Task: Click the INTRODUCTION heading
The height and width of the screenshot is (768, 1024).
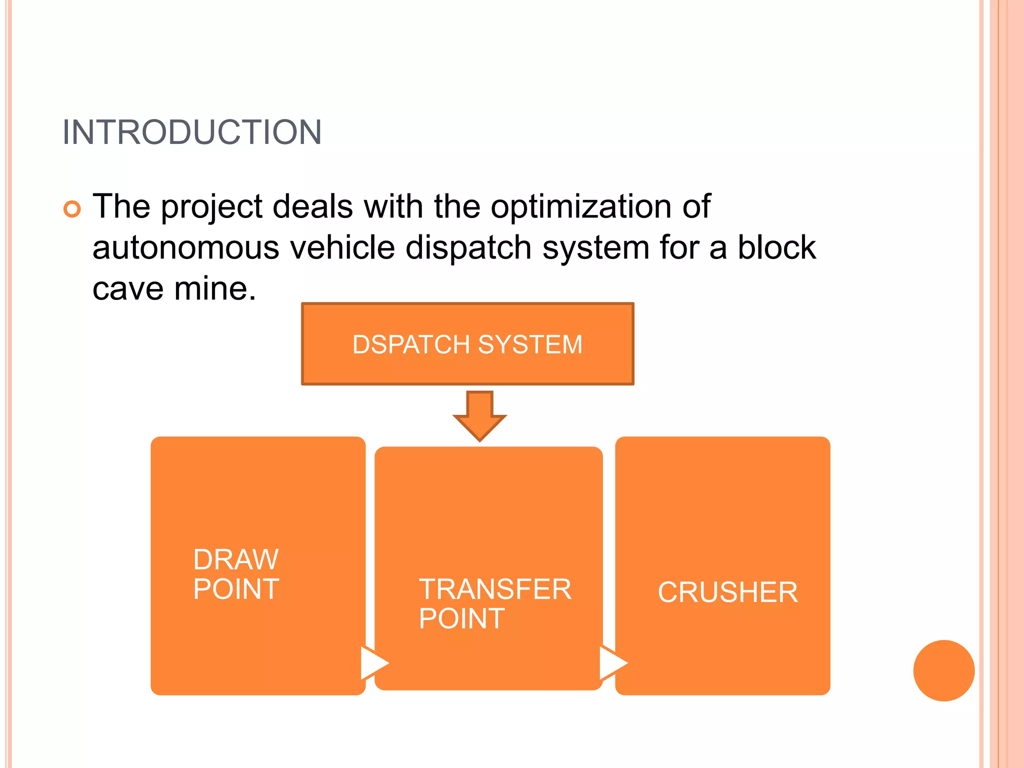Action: [192, 132]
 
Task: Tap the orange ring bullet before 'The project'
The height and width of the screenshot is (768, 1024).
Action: [72, 208]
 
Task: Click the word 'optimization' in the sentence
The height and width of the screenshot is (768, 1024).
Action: [580, 206]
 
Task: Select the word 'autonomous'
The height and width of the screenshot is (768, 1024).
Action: [185, 248]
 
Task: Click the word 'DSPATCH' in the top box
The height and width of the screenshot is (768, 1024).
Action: [411, 344]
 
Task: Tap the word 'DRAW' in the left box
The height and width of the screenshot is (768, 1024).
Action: [236, 559]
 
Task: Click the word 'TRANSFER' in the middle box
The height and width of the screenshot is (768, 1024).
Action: [495, 589]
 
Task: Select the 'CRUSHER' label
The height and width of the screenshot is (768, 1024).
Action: [727, 592]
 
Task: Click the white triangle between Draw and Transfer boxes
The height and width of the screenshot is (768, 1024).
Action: [373, 663]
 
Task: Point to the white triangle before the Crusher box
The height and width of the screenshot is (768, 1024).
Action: [612, 663]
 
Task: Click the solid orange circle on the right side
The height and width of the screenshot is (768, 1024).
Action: [943, 670]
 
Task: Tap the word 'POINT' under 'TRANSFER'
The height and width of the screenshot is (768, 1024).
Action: [461, 619]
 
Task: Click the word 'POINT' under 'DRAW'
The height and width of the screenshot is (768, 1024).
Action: [236, 589]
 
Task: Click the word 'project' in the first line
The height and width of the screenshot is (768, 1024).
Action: [211, 207]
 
